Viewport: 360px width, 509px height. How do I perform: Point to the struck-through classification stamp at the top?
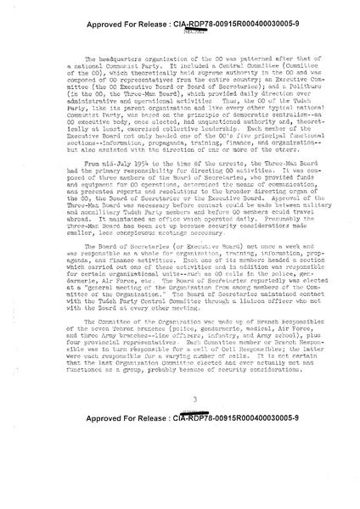point(180,25)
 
